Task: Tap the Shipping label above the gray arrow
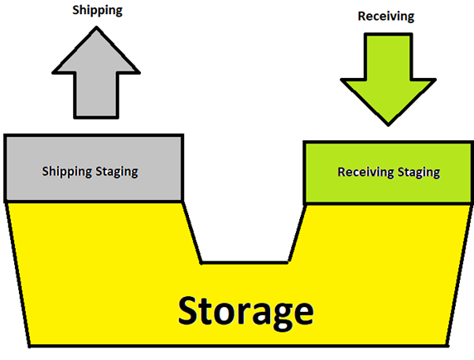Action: pos(97,11)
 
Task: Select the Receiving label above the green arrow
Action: pos(386,17)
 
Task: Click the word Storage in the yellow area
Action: pos(246,313)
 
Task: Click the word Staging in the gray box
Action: pos(117,173)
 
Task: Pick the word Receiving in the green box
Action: pos(365,173)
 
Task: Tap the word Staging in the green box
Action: pos(418,173)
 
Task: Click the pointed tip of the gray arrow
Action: pos(96,27)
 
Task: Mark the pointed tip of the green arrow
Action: pos(389,125)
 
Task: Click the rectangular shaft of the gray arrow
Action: pos(96,95)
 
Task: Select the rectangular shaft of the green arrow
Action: pos(388,56)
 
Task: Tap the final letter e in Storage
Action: pos(303,314)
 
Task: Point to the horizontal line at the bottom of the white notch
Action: pos(244,262)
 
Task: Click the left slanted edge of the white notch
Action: pos(191,232)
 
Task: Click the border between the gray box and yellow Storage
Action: pos(94,202)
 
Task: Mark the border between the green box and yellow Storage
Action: pos(389,204)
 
